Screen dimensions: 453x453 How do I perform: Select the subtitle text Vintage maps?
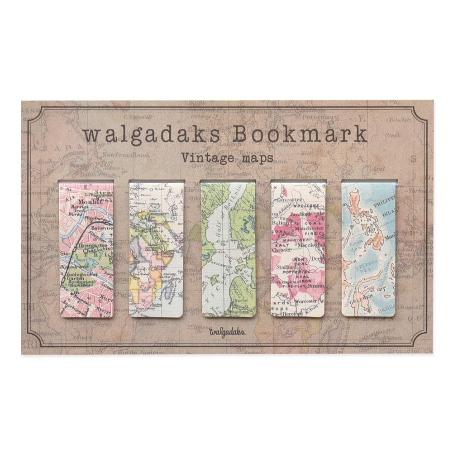pyautogui.click(x=227, y=158)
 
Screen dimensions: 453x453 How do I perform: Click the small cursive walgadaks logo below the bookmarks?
pyautogui.click(x=227, y=331)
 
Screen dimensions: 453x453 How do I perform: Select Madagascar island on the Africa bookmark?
pyautogui.click(x=169, y=288)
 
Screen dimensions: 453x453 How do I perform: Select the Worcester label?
pyautogui.click(x=305, y=301)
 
